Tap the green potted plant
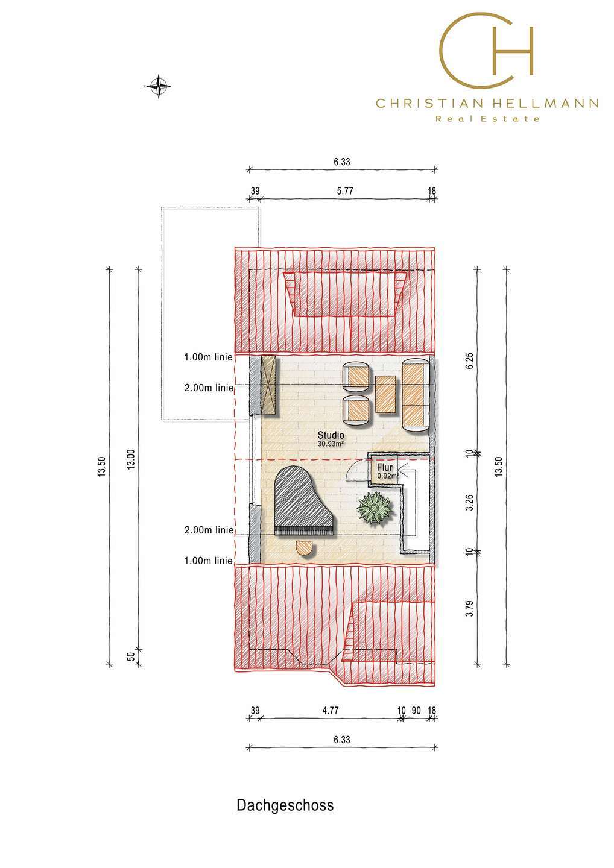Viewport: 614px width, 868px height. (x=374, y=508)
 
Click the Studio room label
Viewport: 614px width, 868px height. (x=331, y=435)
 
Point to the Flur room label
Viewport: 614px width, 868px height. (x=385, y=468)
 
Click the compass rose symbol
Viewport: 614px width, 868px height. (x=158, y=86)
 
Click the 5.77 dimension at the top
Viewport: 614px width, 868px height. (x=344, y=191)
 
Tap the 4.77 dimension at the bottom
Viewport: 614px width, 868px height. (x=331, y=711)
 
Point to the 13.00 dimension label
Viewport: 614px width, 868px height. (x=131, y=459)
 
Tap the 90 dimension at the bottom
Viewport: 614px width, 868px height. (x=416, y=711)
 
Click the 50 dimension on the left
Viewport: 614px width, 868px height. (x=131, y=656)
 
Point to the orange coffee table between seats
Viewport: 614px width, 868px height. (x=385, y=394)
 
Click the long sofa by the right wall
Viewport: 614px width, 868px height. (x=416, y=394)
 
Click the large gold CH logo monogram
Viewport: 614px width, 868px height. (x=487, y=49)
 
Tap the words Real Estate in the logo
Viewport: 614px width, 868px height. (x=487, y=119)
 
